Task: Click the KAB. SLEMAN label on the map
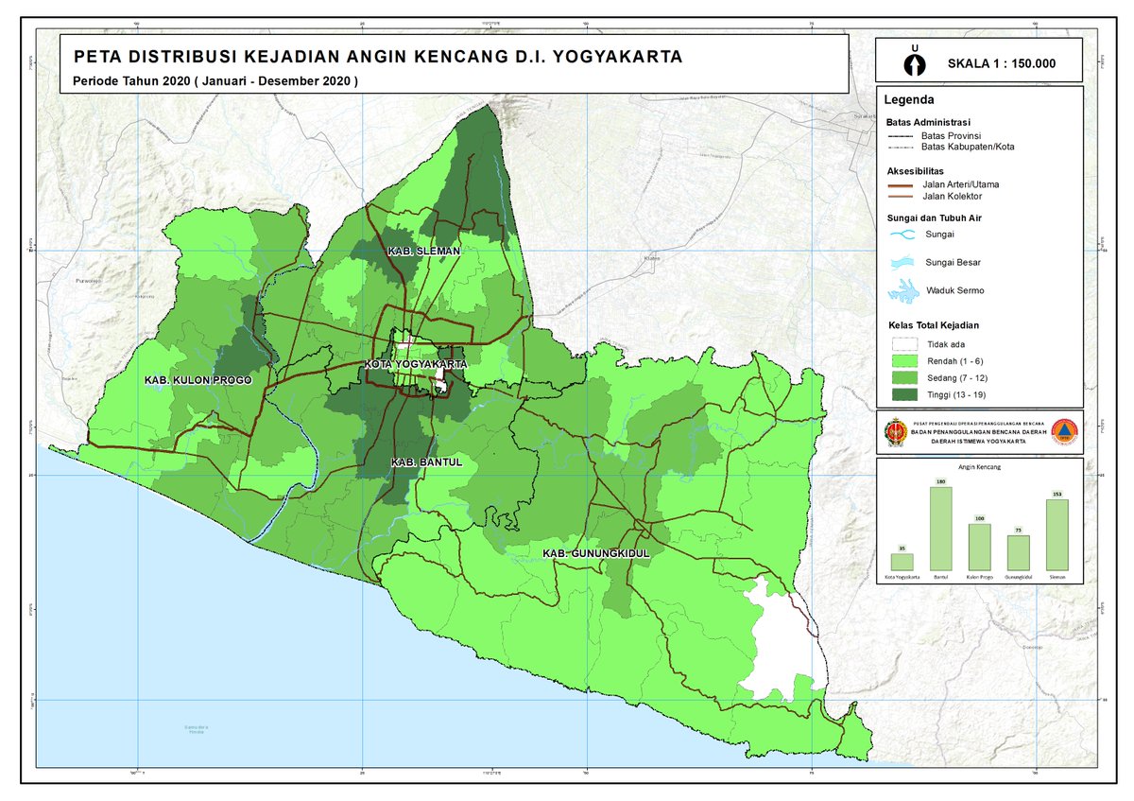click(423, 251)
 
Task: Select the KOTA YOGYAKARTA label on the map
click(416, 364)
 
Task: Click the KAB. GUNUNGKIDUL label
click(596, 552)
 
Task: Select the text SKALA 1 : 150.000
click(1001, 64)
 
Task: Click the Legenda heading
click(909, 99)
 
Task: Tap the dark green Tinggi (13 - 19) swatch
click(904, 392)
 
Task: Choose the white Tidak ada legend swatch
click(904, 345)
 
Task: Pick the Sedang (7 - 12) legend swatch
click(904, 376)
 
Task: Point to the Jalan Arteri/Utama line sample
click(904, 184)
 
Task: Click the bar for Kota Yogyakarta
click(902, 562)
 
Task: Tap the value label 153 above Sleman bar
click(1057, 495)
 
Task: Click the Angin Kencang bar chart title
click(980, 467)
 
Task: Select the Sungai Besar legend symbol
click(904, 262)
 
